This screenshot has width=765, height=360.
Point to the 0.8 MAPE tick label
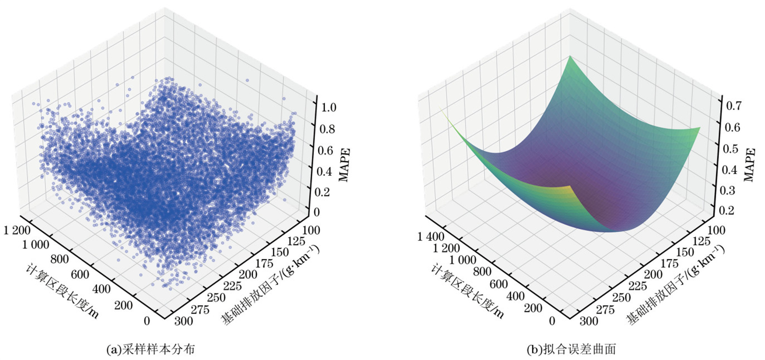point(328,129)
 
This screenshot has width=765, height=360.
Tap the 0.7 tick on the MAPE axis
point(733,106)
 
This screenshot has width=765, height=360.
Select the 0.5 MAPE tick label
point(731,148)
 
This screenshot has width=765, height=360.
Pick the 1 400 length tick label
point(431,237)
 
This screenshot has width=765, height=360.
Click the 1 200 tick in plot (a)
point(17,230)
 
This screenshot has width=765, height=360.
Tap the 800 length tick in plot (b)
point(482,272)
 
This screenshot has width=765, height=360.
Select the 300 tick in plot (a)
point(184,321)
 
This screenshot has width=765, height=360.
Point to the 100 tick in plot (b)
point(716,230)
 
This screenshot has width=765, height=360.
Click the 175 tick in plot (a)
point(264,263)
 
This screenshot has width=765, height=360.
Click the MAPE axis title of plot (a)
point(344,164)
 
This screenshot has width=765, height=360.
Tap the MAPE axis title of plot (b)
point(750,164)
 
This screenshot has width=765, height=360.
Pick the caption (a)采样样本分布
point(150,349)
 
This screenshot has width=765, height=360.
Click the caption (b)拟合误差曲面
point(571,349)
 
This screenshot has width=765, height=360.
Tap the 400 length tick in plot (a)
point(101,289)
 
